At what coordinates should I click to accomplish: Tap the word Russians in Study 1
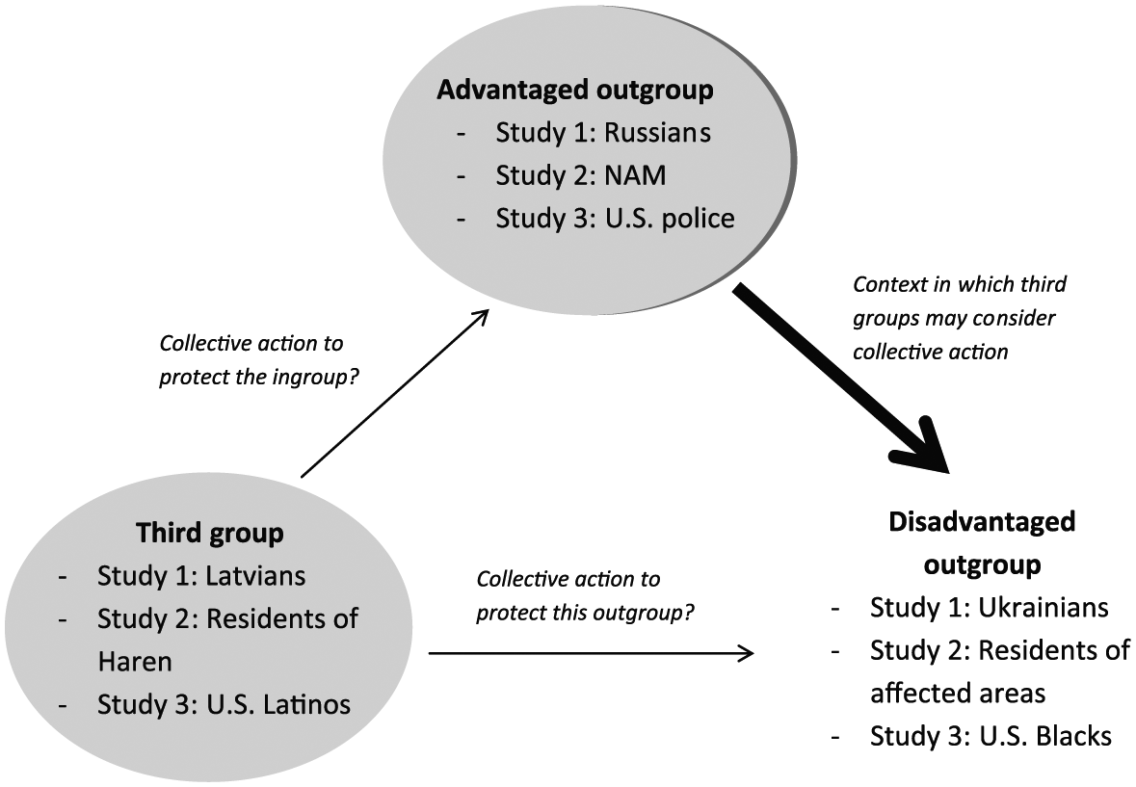click(x=657, y=133)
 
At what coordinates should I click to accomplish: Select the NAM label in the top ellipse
click(x=635, y=175)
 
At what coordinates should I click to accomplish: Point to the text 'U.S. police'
click(x=670, y=219)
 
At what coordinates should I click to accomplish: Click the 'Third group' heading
click(x=210, y=535)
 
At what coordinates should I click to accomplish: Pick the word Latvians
click(x=255, y=576)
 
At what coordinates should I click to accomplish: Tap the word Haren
click(x=135, y=662)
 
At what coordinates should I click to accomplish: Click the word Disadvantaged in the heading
click(x=983, y=522)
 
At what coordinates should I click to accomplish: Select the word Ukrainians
click(x=1044, y=608)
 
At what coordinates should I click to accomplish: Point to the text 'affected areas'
click(x=958, y=693)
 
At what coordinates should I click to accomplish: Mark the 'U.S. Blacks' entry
click(x=1045, y=736)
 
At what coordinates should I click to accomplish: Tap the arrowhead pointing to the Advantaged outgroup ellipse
click(x=481, y=317)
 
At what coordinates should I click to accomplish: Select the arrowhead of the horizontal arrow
click(x=747, y=654)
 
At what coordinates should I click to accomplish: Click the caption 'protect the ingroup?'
click(x=259, y=378)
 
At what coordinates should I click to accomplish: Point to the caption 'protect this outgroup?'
click(x=586, y=614)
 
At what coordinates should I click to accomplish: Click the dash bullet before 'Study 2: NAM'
click(x=462, y=176)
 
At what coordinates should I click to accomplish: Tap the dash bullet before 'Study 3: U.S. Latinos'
click(x=63, y=705)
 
